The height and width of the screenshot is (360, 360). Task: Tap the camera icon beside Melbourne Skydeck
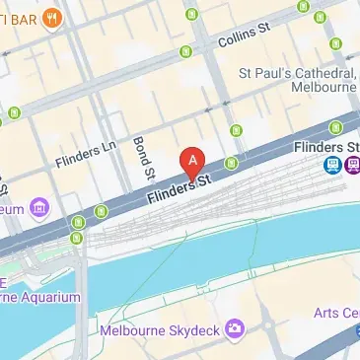(x=235, y=328)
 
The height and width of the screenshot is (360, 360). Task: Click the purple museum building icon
(x=39, y=207)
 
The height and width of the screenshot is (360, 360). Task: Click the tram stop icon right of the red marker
(x=231, y=163)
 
